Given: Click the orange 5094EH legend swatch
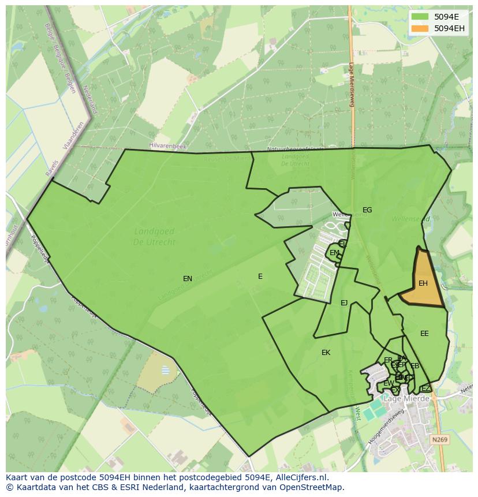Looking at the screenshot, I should pos(420,28).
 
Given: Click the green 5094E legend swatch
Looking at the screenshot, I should pos(420,17).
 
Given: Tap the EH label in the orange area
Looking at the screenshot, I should pos(423,283).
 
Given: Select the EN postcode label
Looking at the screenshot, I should pos(188,279).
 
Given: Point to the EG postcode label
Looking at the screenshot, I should pos(367,210).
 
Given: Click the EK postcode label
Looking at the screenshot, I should pos(326,353).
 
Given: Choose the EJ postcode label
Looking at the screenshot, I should pos(344,303).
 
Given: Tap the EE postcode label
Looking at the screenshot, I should pos(424,334).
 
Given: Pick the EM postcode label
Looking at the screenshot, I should pos(334,253).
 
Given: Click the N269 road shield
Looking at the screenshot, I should pos(439,440).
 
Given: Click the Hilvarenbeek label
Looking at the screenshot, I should pos(167,147).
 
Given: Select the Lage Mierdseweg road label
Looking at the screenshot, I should pos(352,84).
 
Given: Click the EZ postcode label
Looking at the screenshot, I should pos(425,388).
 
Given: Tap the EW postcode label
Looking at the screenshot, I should pos(389,383).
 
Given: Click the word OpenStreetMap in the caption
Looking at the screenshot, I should pos(316,487).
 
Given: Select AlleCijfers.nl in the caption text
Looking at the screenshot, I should pos(300,477).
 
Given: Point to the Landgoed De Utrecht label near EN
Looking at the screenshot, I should pos(154,237).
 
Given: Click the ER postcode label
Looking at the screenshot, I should pos(388,360).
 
